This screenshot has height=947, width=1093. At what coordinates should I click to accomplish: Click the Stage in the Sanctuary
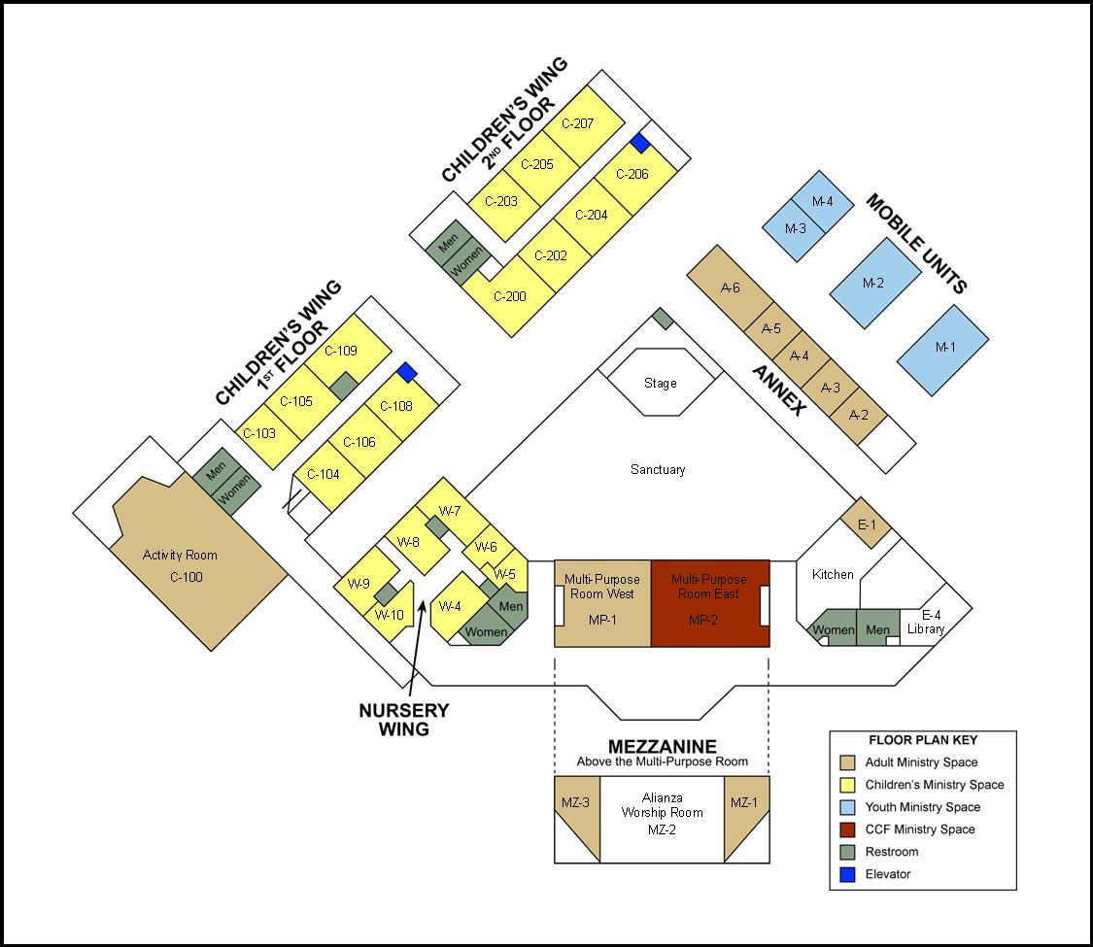coord(660,383)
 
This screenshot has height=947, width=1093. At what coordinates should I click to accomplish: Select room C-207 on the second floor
coord(583,123)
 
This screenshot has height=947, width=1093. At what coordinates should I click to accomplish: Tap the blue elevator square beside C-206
coord(639,143)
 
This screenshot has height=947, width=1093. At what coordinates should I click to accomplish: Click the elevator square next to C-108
coord(407,372)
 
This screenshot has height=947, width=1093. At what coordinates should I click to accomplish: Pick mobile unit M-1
coord(943,348)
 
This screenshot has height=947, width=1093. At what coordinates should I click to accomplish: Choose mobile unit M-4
coord(822,201)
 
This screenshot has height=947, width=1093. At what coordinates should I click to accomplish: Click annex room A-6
coord(731,287)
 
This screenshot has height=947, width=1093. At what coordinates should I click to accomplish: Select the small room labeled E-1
coord(866,524)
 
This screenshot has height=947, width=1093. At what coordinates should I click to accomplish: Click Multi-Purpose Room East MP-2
coord(710,603)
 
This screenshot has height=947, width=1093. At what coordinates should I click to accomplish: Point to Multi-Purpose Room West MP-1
coord(602,603)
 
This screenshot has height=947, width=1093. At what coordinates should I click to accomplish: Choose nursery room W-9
coord(359,585)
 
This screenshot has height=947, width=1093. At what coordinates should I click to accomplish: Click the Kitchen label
coord(833,574)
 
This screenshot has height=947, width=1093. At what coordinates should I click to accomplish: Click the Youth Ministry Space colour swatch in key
coord(847,807)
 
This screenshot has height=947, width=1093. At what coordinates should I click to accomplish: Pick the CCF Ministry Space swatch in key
coord(847,829)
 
